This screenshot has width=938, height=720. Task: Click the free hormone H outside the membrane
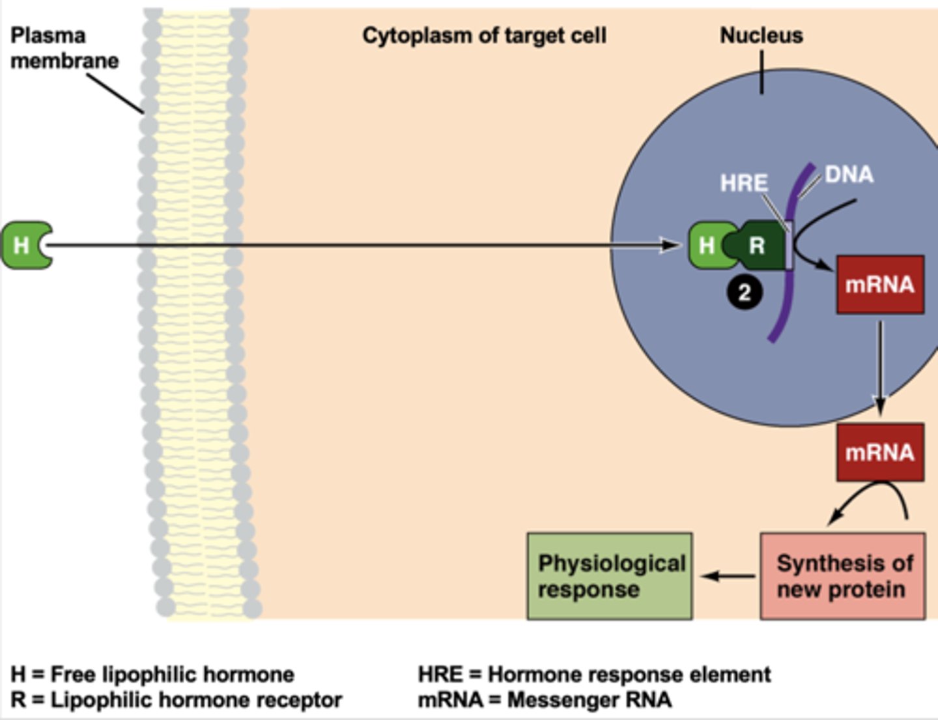pos(23,245)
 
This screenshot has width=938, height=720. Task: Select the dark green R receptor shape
pos(759,246)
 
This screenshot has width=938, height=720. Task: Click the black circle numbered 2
pos(744,293)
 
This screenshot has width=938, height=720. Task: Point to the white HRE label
pos(744,183)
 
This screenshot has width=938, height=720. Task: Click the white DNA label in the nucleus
pos(849,175)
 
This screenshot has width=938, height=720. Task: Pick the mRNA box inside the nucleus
pos(879,285)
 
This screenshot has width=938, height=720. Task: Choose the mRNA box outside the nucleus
pos(879,452)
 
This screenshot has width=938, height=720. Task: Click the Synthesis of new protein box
pos(842,576)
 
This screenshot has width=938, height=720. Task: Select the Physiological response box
pos(609,576)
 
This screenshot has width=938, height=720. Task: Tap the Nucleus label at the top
pos(761,35)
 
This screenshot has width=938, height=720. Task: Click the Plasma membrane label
pos(64,48)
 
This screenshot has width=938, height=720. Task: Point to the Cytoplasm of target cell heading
pos(484,35)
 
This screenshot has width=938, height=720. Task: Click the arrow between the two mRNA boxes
pos(880,368)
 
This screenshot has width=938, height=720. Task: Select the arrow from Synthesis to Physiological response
pos(728,576)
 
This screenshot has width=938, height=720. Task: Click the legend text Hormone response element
pos(629,674)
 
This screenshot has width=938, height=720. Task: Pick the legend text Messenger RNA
pos(589,700)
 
